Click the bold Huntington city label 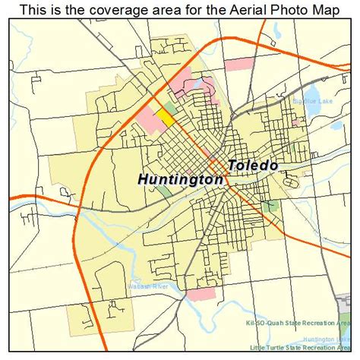click(181, 180)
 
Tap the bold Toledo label click(253, 165)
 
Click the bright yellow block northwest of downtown click(165, 116)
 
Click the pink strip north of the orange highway click(239, 65)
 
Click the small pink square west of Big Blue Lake click(213, 97)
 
